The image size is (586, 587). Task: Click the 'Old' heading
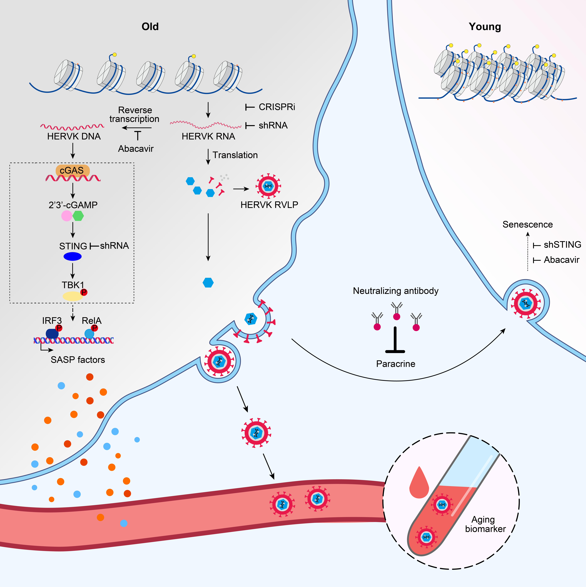pos(150,27)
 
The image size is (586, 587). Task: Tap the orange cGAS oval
pos(72,170)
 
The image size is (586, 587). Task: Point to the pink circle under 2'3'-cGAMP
pos(66,216)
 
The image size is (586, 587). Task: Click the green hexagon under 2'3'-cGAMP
pos(78,216)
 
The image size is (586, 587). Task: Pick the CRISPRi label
pos(277,107)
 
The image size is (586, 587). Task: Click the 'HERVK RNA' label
pos(208,136)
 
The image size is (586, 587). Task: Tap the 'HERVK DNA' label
pos(74,136)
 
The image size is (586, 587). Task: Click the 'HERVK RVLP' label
pos(269,205)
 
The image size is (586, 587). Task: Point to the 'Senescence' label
pos(527,225)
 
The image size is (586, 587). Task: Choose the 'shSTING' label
pos(562,245)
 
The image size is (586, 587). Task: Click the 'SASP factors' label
pos(78,360)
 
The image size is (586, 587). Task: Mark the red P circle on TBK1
pos(84,292)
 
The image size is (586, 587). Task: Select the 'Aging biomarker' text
pos(485,524)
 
